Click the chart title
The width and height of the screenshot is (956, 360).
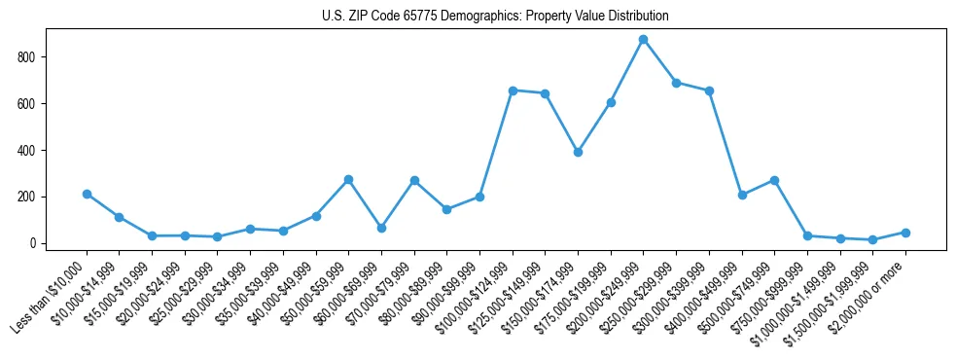(495, 16)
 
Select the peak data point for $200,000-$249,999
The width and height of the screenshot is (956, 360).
(643, 40)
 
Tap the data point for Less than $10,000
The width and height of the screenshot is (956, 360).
(87, 194)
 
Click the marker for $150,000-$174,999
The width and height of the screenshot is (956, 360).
(578, 152)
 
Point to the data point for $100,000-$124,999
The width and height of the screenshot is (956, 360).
(513, 90)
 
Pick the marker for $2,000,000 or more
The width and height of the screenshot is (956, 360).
(905, 233)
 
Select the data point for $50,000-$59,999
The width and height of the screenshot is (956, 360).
(348, 179)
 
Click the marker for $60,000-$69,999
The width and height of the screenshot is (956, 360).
(381, 228)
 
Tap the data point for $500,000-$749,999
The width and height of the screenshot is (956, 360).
(774, 180)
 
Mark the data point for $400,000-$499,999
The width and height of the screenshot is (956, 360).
(742, 195)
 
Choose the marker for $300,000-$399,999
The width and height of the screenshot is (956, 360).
(709, 90)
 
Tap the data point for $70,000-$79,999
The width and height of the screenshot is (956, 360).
(414, 180)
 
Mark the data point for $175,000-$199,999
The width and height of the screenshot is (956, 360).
(611, 102)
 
